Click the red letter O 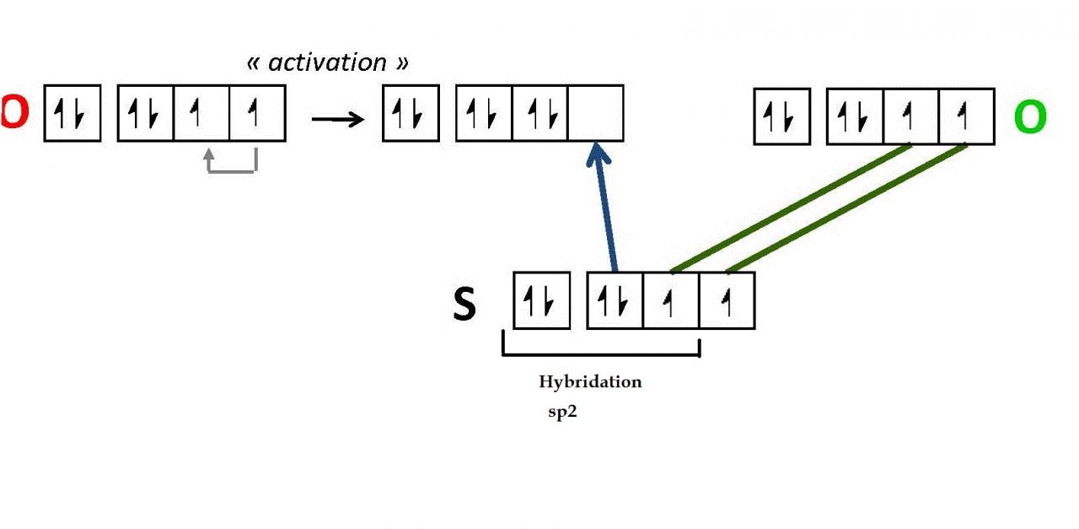click(x=13, y=113)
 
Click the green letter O click(x=1030, y=117)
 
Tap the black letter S click(x=464, y=304)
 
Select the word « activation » click(x=327, y=62)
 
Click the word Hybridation click(x=590, y=381)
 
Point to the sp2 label click(x=562, y=413)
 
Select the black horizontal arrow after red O click(x=337, y=118)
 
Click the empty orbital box click(x=596, y=113)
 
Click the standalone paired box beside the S click(x=542, y=300)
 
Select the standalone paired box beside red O click(x=72, y=113)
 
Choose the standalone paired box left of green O click(x=781, y=117)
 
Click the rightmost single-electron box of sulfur click(x=727, y=300)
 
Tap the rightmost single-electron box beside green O click(x=966, y=117)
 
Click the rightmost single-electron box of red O click(x=257, y=113)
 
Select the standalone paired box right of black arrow click(x=411, y=113)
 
